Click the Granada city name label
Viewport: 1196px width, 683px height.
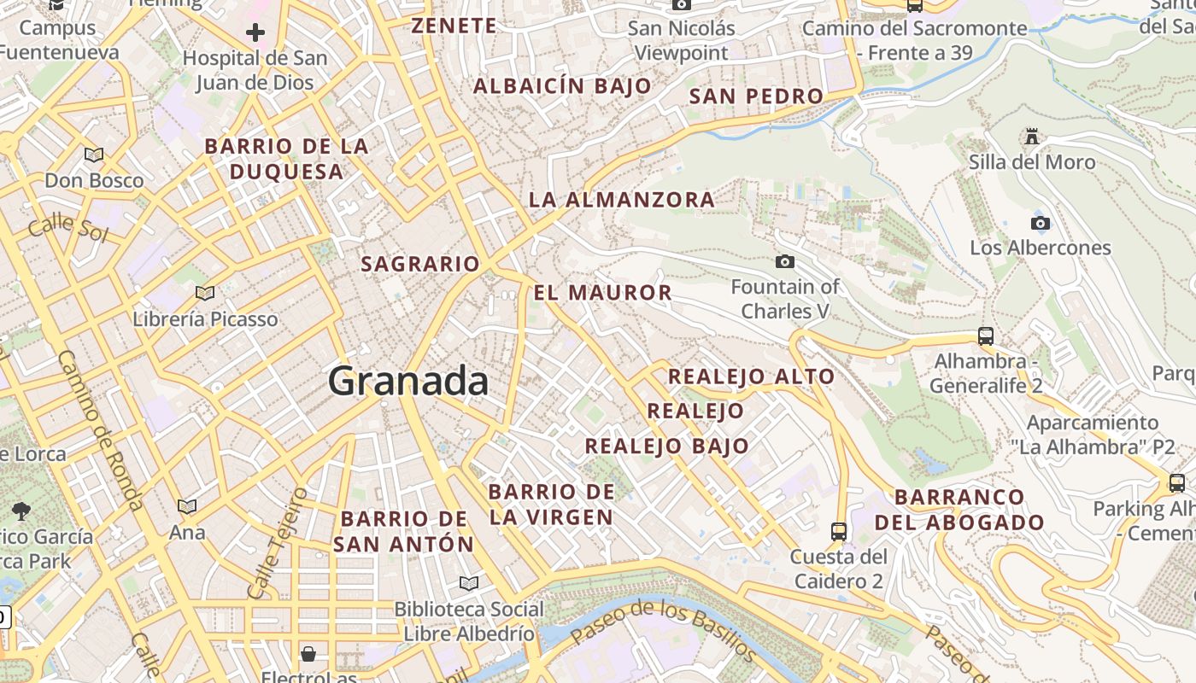coord(408,380)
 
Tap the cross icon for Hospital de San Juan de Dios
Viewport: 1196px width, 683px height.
coord(255,33)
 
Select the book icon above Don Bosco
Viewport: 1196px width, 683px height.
coord(94,155)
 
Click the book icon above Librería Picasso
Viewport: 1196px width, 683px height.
coord(205,293)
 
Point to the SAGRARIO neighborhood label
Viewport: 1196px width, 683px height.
coord(420,264)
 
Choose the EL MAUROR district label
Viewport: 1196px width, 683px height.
coord(603,293)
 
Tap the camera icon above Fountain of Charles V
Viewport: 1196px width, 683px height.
coord(784,261)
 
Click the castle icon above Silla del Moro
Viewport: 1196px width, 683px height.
coord(1031,137)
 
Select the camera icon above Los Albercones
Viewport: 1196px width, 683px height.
coord(1040,224)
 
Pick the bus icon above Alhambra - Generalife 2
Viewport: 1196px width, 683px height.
coord(986,336)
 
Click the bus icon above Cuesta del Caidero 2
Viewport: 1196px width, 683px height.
coord(838,531)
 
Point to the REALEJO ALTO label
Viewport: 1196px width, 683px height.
coord(751,377)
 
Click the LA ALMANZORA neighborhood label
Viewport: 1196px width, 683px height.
coord(621,200)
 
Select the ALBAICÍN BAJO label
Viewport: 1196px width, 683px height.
coord(562,86)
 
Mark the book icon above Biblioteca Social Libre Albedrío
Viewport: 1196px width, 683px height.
coord(468,583)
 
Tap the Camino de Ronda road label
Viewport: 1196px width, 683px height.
coord(101,431)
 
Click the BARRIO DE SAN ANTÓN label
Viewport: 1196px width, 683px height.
coord(404,531)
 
